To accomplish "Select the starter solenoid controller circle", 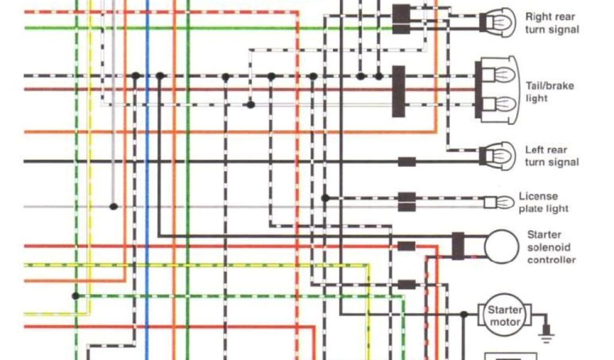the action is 501,246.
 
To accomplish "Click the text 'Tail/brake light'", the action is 549,91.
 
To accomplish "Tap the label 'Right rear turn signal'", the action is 552,23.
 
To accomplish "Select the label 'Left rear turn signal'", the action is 552,156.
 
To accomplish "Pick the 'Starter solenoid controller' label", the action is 550,247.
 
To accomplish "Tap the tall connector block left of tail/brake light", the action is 398,91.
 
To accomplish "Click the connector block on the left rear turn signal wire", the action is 407,161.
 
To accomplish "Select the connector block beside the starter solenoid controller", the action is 458,246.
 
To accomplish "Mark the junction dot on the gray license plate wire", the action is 113,206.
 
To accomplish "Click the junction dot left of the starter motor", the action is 464,314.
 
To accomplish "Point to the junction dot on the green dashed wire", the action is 76,296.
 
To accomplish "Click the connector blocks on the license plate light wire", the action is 407,202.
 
